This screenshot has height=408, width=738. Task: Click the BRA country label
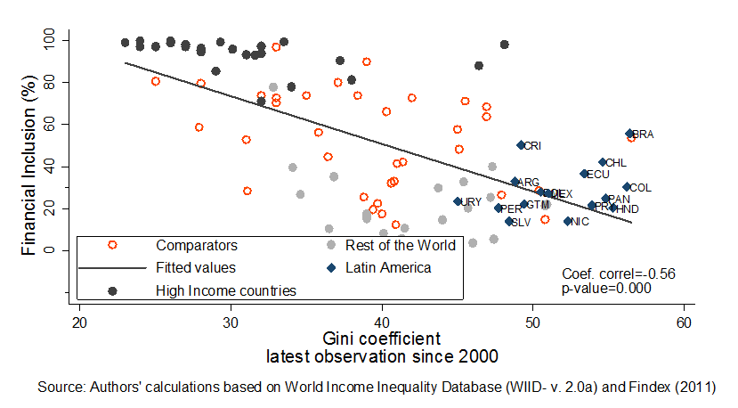click(644, 135)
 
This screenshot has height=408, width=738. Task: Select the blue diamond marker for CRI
click(521, 145)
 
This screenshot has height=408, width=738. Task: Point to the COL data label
click(640, 188)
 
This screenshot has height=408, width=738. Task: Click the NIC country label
click(580, 222)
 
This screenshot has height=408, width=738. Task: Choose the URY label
click(472, 202)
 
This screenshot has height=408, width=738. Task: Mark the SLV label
click(521, 223)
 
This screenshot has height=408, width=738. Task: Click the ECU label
click(598, 175)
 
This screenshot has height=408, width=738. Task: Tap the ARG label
click(529, 183)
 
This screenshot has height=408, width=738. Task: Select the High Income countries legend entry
click(225, 290)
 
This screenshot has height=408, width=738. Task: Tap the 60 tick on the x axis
click(683, 322)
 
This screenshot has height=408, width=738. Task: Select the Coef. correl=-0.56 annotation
click(620, 273)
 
